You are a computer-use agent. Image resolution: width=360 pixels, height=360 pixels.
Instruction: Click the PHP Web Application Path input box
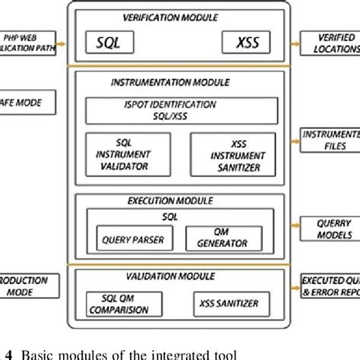coord(26,43)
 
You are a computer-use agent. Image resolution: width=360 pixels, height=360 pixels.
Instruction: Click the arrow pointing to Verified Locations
coord(293,43)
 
